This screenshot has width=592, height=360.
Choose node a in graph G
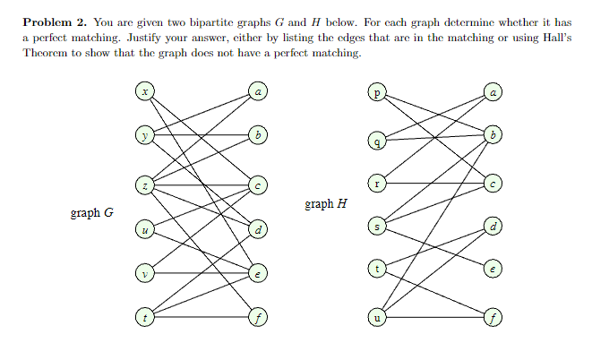click(259, 90)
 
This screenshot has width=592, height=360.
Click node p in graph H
click(378, 91)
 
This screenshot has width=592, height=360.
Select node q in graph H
click(378, 141)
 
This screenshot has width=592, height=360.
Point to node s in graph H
click(378, 228)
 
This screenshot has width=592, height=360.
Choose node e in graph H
click(493, 268)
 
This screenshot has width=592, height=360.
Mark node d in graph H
click(493, 226)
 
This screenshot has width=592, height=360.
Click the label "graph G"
click(91, 214)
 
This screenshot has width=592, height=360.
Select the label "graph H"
click(326, 204)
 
